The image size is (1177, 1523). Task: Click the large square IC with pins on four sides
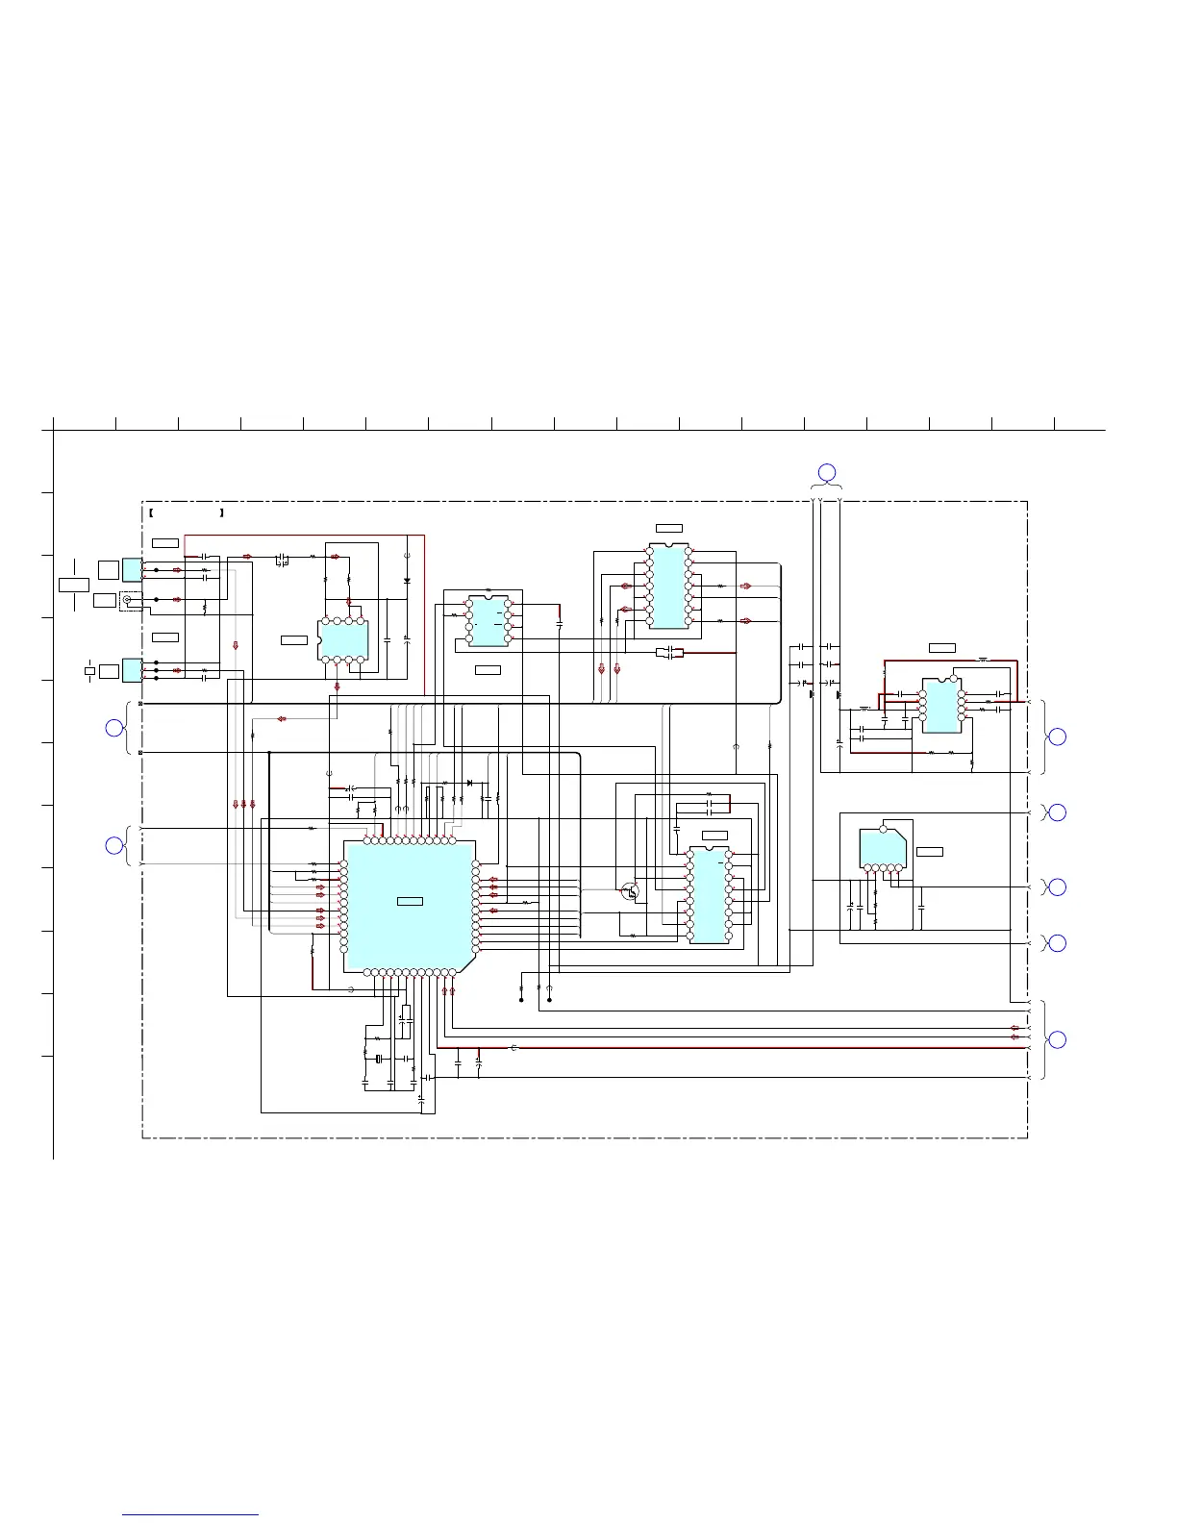tap(409, 905)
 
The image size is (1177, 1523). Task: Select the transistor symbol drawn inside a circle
tap(630, 891)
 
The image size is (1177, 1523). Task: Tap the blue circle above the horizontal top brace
tap(826, 472)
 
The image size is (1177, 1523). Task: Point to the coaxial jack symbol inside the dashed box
tap(126, 600)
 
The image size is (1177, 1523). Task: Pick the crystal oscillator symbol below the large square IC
tap(380, 1059)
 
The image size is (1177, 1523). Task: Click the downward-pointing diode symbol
tap(407, 581)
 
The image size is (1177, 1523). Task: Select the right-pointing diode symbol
tap(469, 783)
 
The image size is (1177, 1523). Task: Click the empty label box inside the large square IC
tap(411, 900)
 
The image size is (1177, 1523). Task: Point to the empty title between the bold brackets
tap(188, 513)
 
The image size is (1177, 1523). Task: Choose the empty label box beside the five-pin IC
tap(930, 851)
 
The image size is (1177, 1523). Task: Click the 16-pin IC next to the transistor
tap(709, 895)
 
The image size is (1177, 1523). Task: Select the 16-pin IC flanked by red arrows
tap(668, 586)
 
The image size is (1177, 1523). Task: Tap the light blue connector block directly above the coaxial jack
tap(132, 569)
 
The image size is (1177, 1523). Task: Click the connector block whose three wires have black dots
tap(132, 670)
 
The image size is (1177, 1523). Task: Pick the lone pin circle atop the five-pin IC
tap(883, 828)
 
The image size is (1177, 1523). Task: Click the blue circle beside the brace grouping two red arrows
tap(1056, 1039)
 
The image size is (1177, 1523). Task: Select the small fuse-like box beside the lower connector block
tap(89, 670)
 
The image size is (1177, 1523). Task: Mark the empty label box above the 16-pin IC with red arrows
tap(668, 528)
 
